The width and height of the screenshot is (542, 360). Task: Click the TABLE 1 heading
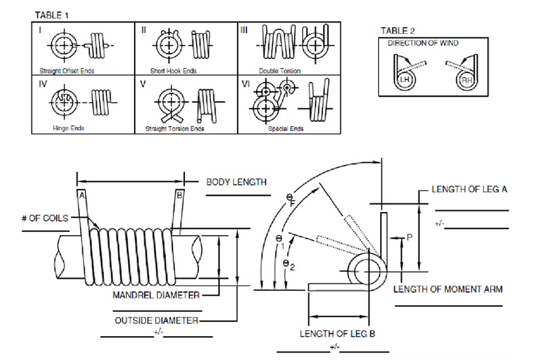51,14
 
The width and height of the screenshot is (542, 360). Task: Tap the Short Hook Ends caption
172,71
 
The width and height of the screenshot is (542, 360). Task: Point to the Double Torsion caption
280,71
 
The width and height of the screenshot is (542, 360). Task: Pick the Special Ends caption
286,127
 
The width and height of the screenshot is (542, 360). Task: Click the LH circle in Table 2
405,80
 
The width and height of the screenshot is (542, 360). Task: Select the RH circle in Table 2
467,80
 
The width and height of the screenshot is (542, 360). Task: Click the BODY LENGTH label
236,182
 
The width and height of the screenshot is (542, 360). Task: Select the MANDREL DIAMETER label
156,295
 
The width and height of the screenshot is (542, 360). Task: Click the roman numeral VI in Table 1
245,85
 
